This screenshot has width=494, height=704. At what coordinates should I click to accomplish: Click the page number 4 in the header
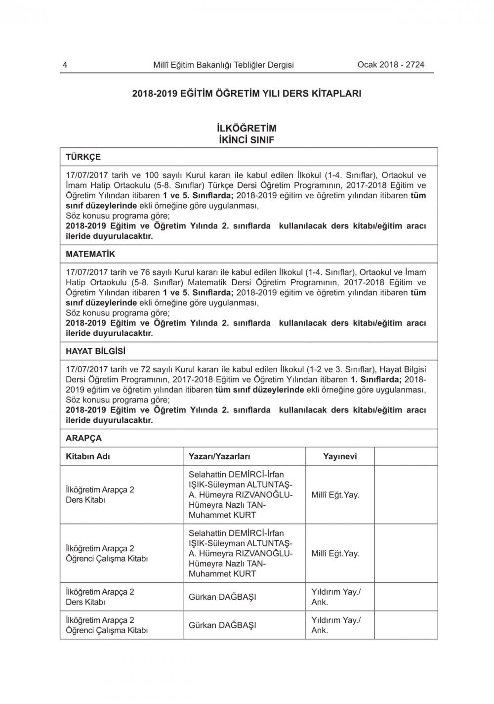pos(65,65)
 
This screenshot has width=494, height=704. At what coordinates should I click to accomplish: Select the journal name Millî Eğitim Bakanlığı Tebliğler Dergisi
pos(223,65)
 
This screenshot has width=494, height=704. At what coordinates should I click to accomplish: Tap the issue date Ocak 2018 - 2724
pos(390,65)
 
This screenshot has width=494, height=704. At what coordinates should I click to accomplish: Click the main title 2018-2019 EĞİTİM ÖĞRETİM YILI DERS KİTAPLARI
pos(247,93)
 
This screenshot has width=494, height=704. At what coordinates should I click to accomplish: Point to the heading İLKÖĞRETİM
pos(247,129)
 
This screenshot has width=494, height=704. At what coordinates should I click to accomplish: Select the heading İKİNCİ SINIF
pos(247,140)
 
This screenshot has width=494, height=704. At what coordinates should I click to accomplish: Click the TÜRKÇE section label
pos(83,157)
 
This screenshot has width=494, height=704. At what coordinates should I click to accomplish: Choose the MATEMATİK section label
pos(90,254)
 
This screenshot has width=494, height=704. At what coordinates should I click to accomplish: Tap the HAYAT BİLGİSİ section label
pos(95,352)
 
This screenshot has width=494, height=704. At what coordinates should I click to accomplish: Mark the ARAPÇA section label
pos(83,439)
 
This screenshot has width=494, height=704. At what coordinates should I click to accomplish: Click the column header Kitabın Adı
pos(88,456)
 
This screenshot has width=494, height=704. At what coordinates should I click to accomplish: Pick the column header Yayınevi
pos(340,456)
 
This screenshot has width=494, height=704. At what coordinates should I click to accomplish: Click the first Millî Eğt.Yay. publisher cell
pos(335,494)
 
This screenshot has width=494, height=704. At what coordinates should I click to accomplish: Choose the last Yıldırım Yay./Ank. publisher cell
pos(336,625)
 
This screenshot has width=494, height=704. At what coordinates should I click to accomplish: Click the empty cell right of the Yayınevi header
pos(406,456)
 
